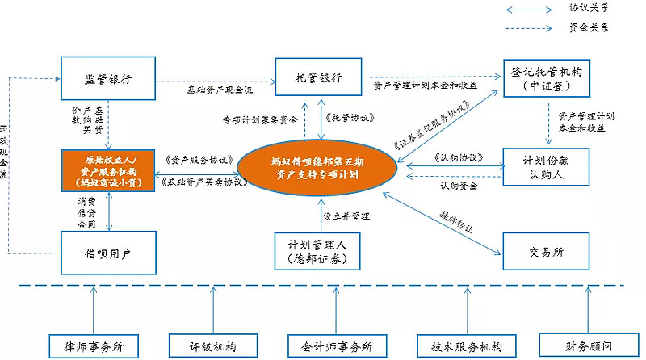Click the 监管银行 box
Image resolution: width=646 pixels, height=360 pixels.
pyautogui.click(x=108, y=79)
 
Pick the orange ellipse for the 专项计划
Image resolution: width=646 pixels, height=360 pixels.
pyautogui.click(x=317, y=169)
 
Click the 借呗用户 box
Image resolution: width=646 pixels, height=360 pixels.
pyautogui.click(x=108, y=253)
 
